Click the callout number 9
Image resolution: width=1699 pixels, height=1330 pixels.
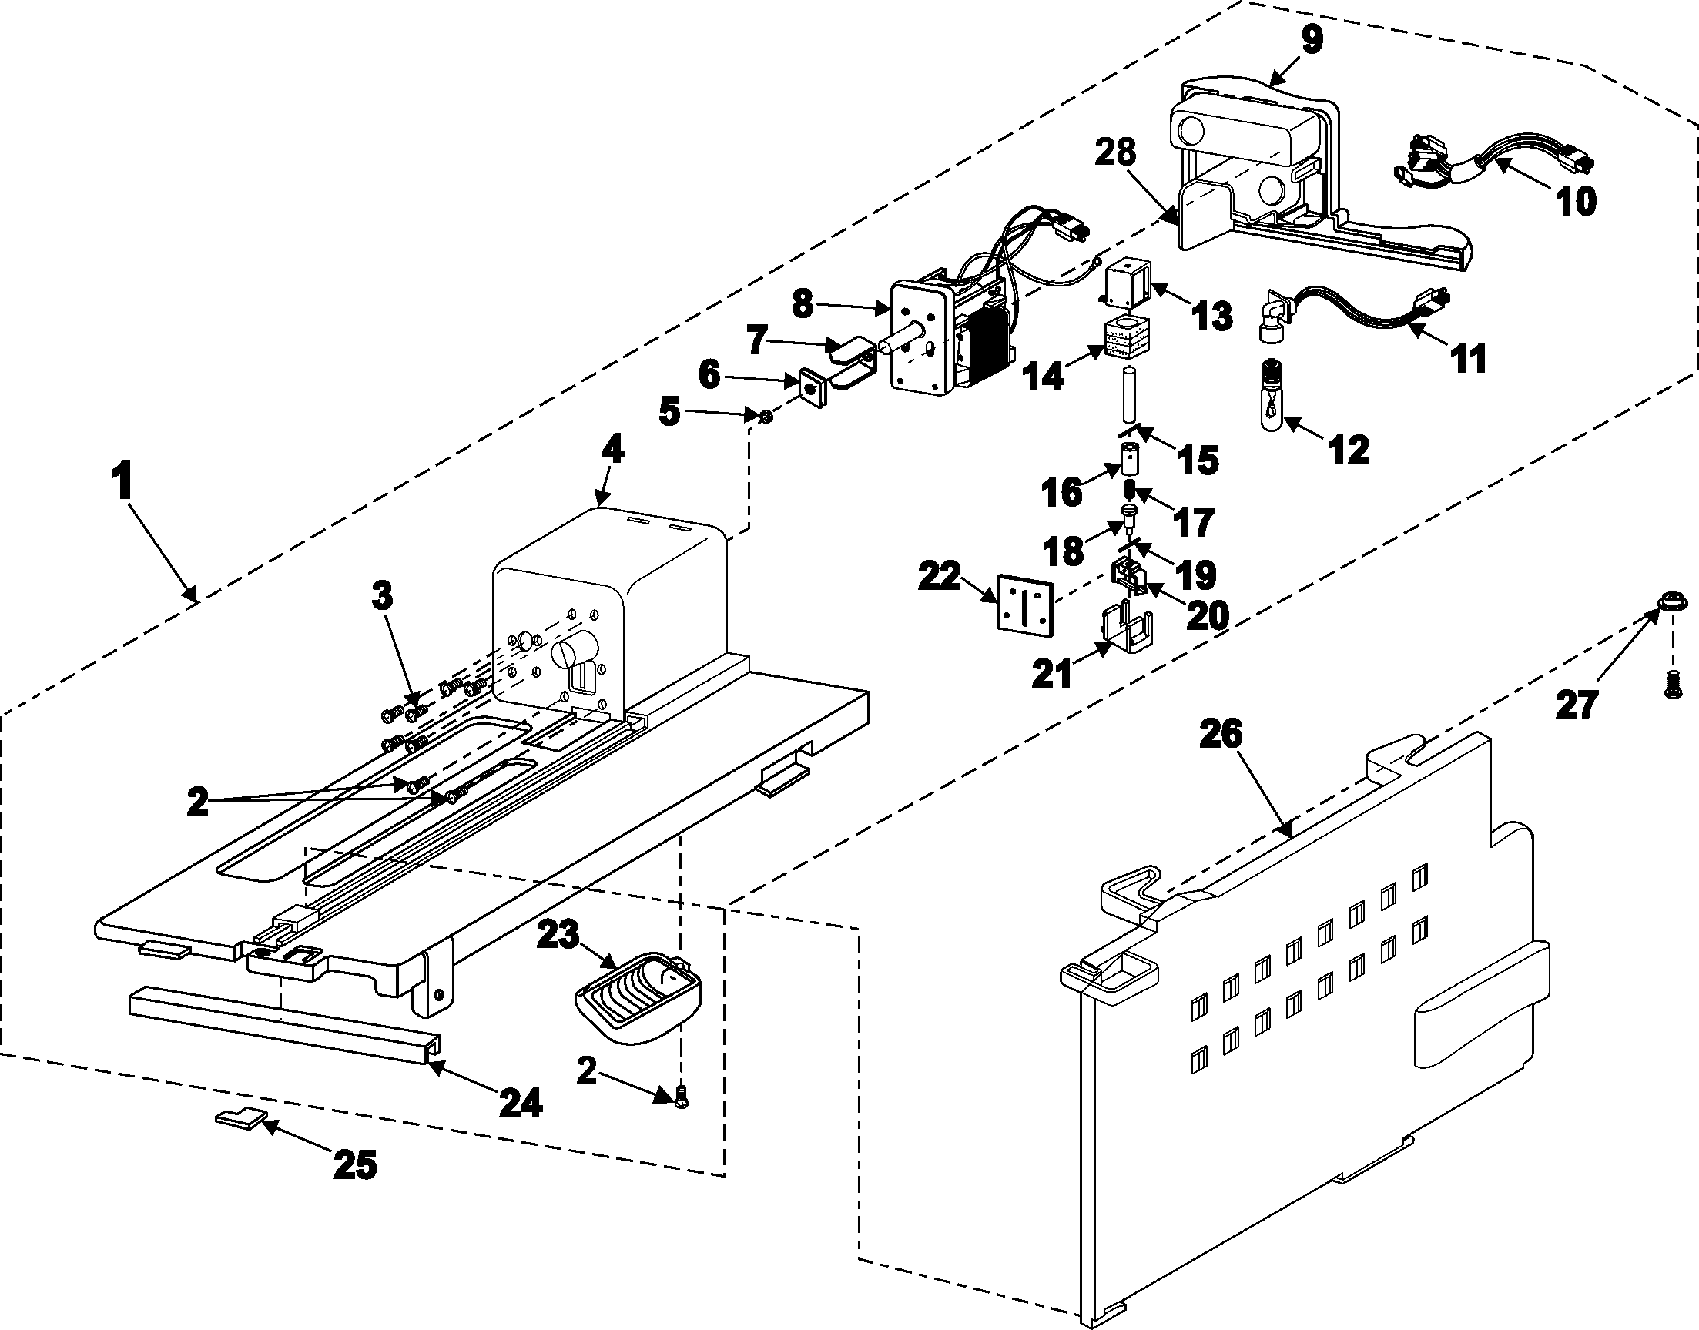pyautogui.click(x=1312, y=40)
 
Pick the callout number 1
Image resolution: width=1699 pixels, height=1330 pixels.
pyautogui.click(x=121, y=482)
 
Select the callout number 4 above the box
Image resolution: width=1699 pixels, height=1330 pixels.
pyautogui.click(x=613, y=449)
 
